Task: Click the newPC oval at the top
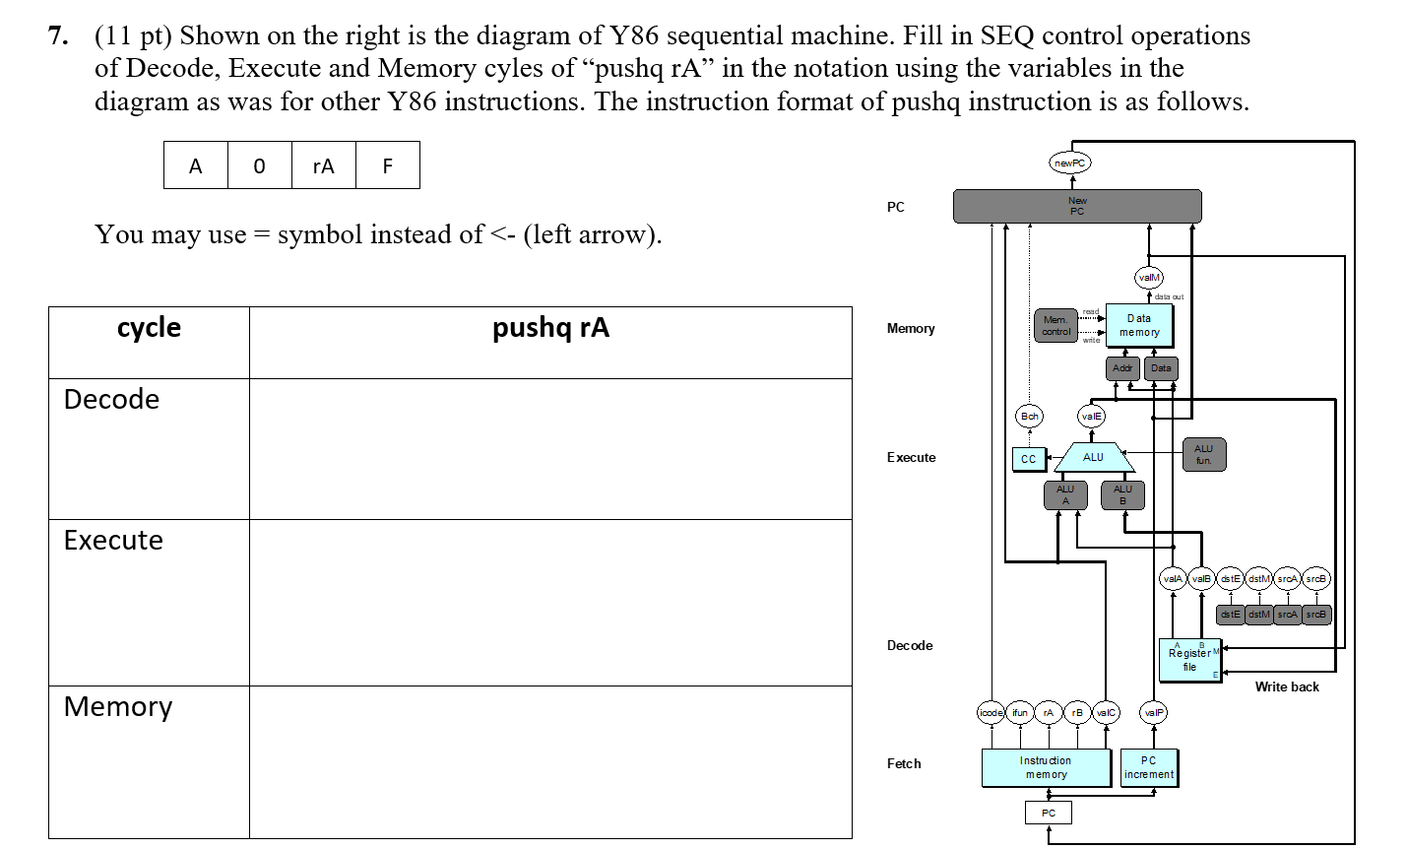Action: (x=1070, y=163)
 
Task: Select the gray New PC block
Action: (x=1076, y=206)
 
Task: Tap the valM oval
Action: (x=1148, y=278)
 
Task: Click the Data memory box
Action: (x=1138, y=326)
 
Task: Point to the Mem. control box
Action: (x=1055, y=326)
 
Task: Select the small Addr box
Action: (x=1122, y=368)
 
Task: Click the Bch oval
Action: (x=1029, y=417)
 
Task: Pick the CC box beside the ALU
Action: (x=1029, y=459)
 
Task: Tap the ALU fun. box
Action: (x=1203, y=454)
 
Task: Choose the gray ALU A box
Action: (x=1064, y=495)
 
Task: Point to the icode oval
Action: (x=991, y=712)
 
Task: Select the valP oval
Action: (x=1153, y=712)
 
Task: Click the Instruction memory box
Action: (x=1046, y=767)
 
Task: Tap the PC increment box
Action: (x=1148, y=767)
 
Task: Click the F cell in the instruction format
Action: (x=387, y=165)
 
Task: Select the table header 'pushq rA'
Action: (x=550, y=328)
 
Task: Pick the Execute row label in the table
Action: (x=113, y=541)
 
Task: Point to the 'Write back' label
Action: (x=1286, y=686)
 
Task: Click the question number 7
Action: (x=58, y=36)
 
